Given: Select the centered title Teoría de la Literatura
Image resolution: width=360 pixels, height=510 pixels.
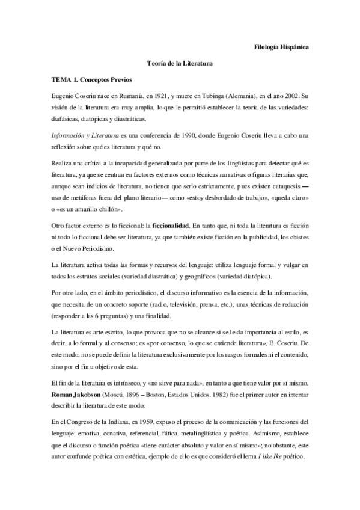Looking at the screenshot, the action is pyautogui.click(x=180, y=62).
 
